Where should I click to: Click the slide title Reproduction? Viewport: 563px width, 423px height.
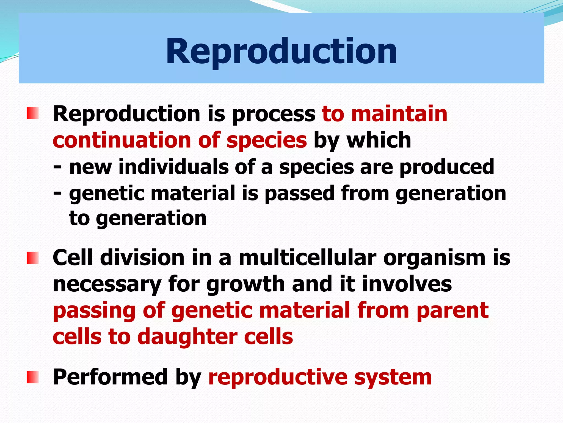(x=281, y=51)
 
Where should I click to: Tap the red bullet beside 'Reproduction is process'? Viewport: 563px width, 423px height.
(x=32, y=113)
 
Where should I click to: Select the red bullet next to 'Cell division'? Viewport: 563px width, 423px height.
(x=32, y=258)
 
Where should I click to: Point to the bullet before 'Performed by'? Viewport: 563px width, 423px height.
(x=32, y=377)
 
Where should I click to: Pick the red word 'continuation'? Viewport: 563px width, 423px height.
(x=121, y=140)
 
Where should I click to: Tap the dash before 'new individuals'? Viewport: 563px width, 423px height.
(x=57, y=167)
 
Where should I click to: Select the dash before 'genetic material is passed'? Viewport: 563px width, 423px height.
(x=57, y=193)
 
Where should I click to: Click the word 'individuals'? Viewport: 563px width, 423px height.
(x=173, y=167)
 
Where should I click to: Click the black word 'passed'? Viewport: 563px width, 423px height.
(x=299, y=193)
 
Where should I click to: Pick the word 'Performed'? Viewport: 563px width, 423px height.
(x=110, y=377)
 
